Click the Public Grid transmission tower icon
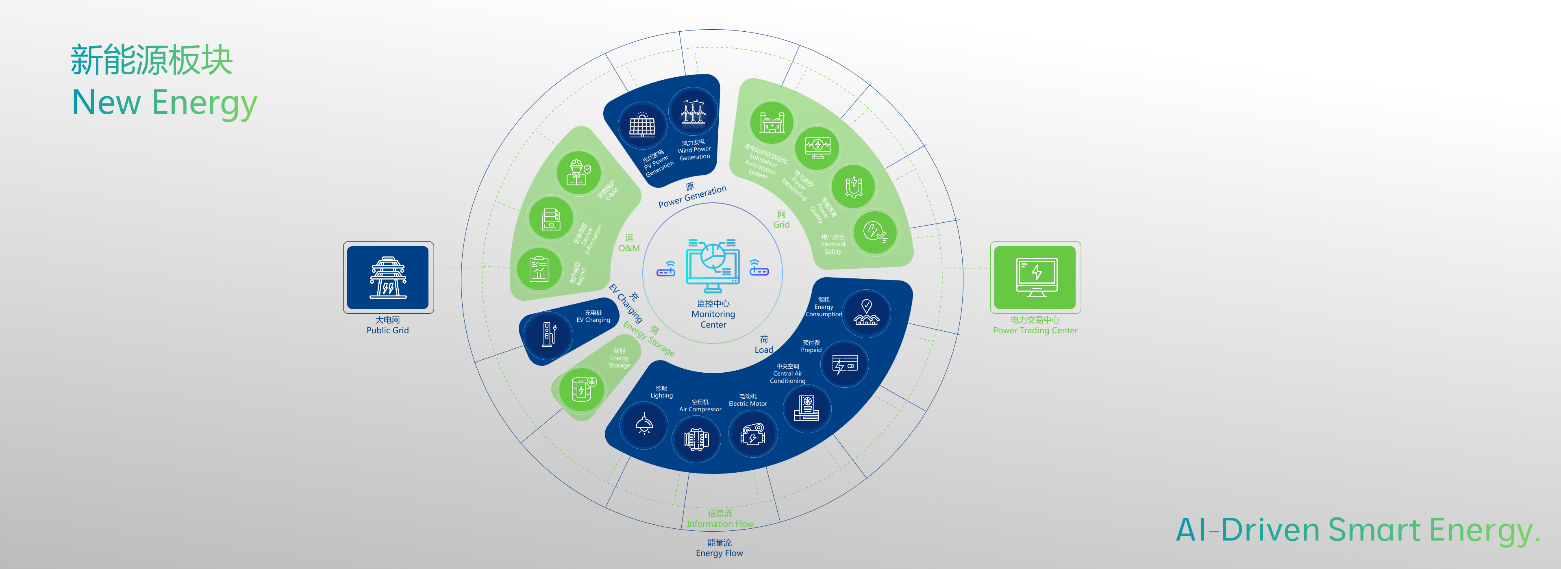tap(388, 278)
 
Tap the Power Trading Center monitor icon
tap(1036, 277)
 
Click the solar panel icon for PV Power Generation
tap(642, 126)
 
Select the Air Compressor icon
tap(696, 439)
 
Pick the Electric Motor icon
tap(752, 434)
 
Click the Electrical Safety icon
tap(874, 232)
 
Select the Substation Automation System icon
tap(772, 122)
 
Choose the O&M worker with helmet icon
tap(578, 173)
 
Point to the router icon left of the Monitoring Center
tap(666, 269)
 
